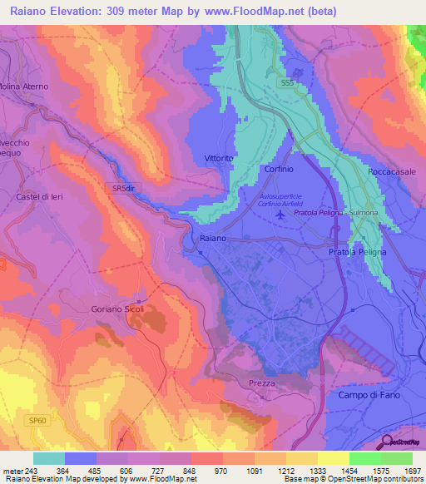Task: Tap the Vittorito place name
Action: (x=219, y=157)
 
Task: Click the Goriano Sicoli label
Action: (x=117, y=309)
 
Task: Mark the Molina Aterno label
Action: (x=24, y=86)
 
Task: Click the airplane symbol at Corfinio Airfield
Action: (x=280, y=215)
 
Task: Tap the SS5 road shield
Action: (x=287, y=83)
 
